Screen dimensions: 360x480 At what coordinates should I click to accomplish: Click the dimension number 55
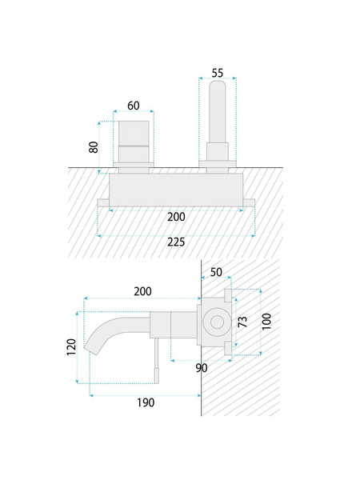(218, 73)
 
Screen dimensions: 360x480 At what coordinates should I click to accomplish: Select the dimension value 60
(134, 106)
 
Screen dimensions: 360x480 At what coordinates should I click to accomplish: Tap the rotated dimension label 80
(94, 147)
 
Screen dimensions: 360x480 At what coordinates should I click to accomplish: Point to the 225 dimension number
(176, 242)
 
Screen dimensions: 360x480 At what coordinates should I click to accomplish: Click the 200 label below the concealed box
(176, 217)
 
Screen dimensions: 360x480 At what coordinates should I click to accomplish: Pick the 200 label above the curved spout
(142, 291)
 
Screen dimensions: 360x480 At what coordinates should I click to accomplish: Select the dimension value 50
(216, 272)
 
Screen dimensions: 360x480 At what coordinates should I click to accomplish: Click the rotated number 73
(242, 322)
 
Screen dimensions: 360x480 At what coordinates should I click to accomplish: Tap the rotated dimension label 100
(266, 322)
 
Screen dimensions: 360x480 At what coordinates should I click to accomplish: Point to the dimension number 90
(202, 368)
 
